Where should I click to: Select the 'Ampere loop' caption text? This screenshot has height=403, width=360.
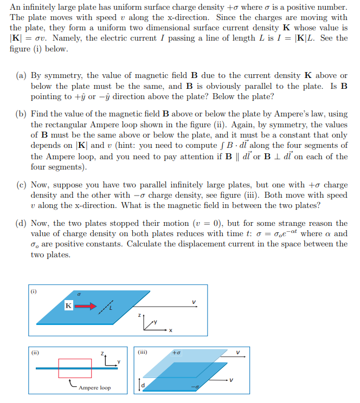(94, 388)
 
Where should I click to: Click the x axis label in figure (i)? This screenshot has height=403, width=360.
(170, 331)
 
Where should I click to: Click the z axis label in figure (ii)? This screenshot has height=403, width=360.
(102, 353)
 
